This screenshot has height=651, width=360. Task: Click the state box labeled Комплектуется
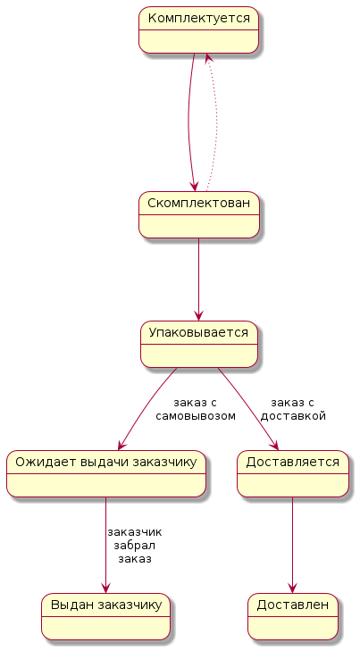click(198, 29)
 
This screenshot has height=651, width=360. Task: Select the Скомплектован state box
click(199, 214)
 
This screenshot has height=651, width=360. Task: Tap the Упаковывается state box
click(199, 344)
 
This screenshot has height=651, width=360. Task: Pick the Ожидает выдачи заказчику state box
click(106, 473)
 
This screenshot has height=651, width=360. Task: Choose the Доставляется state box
click(293, 473)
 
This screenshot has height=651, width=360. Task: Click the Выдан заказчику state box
click(106, 616)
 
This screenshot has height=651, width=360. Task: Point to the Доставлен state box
click(293, 616)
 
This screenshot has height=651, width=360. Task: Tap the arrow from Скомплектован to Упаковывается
click(199, 280)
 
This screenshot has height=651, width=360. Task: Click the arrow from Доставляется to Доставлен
click(293, 545)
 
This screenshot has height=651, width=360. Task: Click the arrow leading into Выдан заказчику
click(106, 545)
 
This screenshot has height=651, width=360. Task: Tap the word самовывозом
click(196, 416)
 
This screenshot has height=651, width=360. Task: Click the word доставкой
click(293, 416)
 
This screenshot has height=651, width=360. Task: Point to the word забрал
click(135, 545)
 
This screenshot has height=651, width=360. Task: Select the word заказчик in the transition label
click(135, 532)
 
